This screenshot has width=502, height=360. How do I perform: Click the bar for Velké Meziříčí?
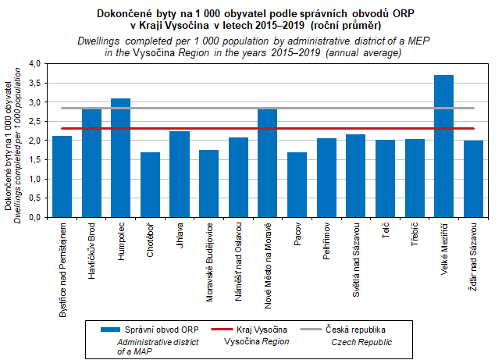pos(443,147)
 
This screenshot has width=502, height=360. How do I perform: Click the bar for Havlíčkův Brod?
pos(91,164)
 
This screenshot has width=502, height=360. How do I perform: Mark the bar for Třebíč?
pos(415,179)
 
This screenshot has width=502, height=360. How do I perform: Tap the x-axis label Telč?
pos(386,237)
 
